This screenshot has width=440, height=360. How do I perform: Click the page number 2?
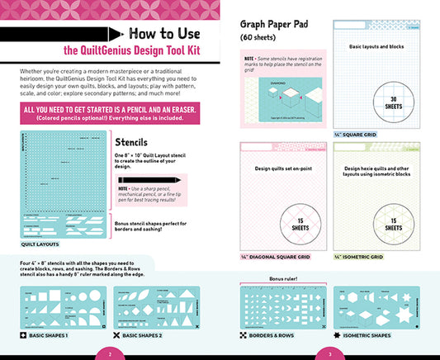click(110, 353)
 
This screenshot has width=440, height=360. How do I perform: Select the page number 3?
click(329, 353)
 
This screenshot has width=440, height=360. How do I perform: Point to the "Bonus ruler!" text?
click(285, 279)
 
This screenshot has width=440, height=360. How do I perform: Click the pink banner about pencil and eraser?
click(109, 114)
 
